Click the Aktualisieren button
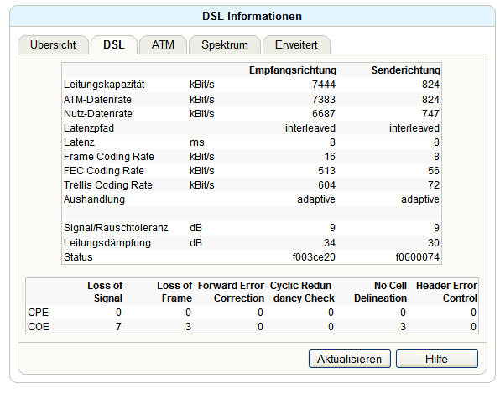click(x=350, y=359)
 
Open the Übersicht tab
click(x=53, y=45)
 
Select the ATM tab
click(x=163, y=45)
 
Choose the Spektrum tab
click(x=225, y=45)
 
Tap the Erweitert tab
click(x=296, y=45)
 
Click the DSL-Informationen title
click(x=252, y=16)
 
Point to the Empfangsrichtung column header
click(x=293, y=70)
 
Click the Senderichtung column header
click(x=406, y=70)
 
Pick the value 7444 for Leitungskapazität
click(x=324, y=85)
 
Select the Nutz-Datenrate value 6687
click(x=324, y=114)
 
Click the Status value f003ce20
click(x=314, y=257)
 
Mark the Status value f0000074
click(x=418, y=257)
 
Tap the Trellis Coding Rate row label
click(x=108, y=185)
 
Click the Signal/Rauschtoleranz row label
click(x=116, y=228)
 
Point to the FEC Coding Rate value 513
click(x=326, y=171)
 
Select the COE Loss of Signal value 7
click(x=118, y=327)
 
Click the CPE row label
click(x=39, y=313)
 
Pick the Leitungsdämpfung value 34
click(x=330, y=243)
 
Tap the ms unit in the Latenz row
click(x=197, y=142)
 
